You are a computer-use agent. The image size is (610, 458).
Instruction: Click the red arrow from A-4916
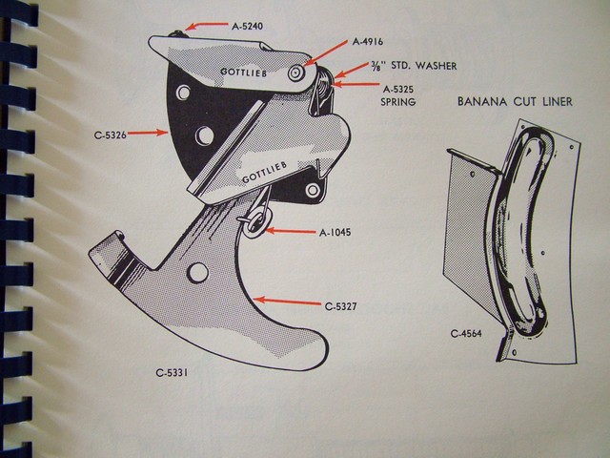(328, 52)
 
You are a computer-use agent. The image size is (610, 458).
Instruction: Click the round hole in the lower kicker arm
(199, 274)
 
